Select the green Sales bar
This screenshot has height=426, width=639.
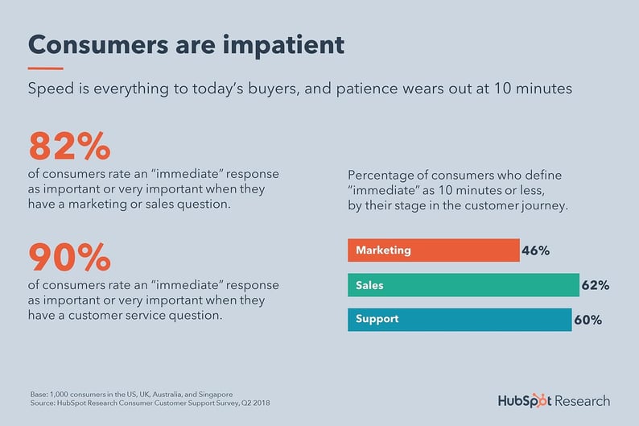(x=463, y=285)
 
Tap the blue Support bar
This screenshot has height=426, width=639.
(x=459, y=320)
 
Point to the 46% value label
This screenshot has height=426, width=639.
(x=536, y=250)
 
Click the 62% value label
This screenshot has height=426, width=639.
(x=596, y=285)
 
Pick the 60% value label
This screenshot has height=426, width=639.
(x=587, y=320)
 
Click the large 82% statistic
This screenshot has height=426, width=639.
(x=69, y=147)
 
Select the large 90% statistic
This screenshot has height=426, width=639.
(x=69, y=257)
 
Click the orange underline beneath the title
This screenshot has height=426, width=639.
(x=45, y=68)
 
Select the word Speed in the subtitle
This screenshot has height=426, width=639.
(x=50, y=89)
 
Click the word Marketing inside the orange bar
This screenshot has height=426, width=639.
(x=383, y=250)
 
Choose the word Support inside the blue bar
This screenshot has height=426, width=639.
(x=377, y=320)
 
